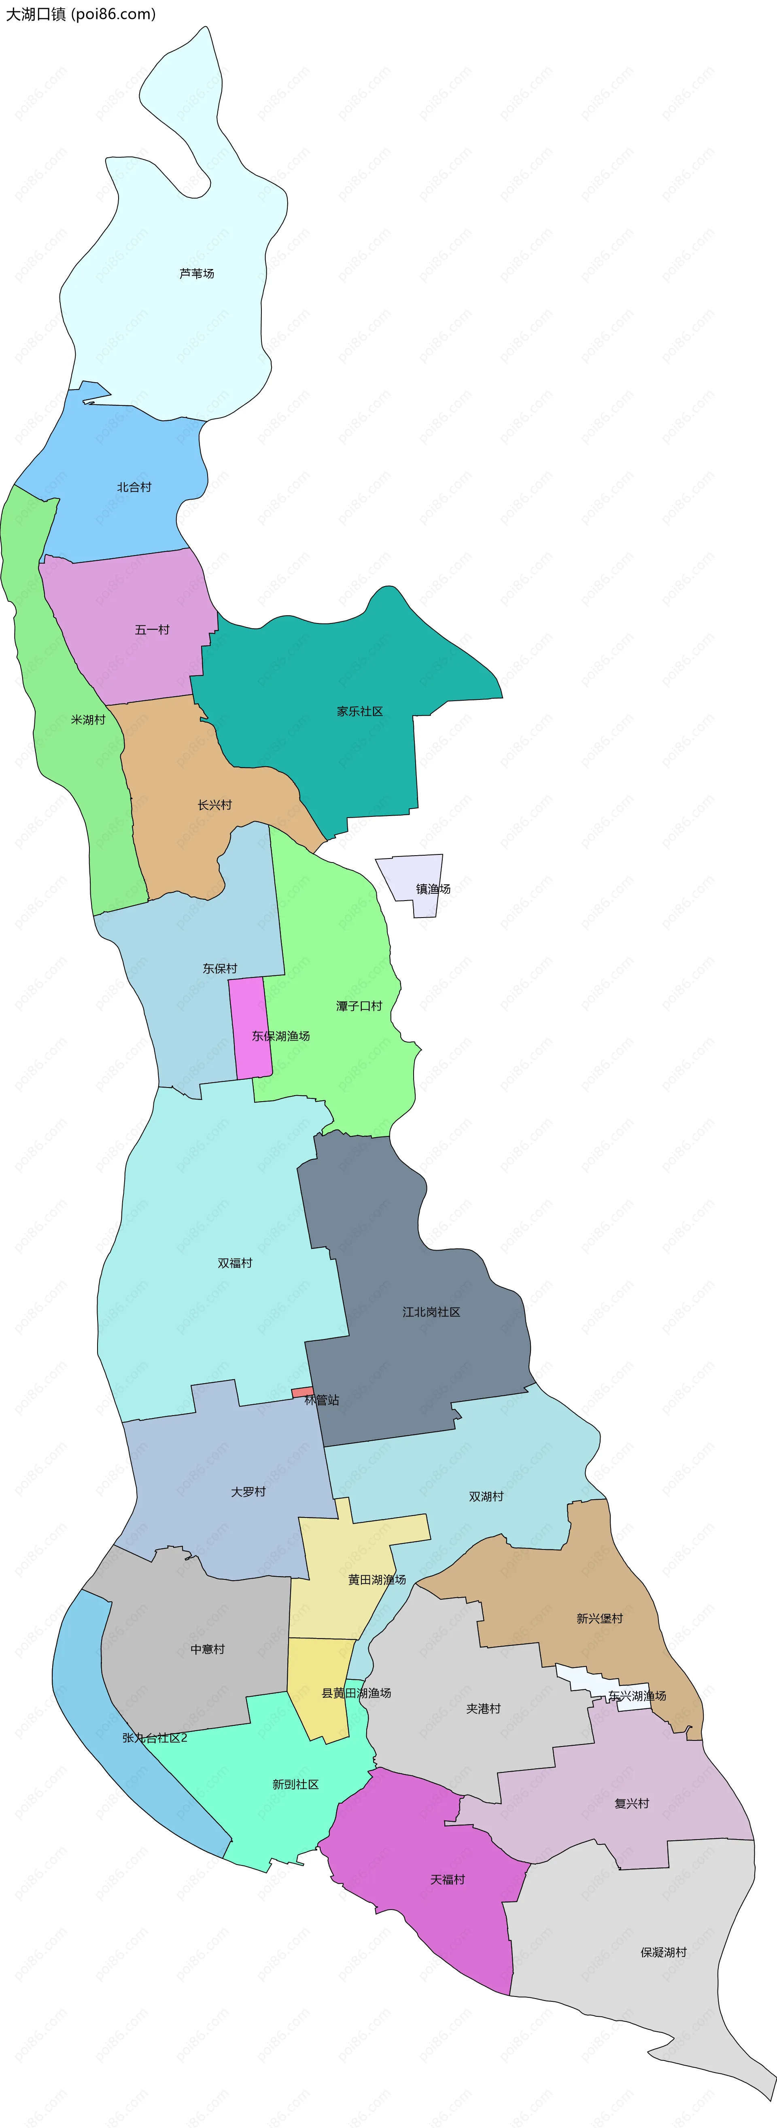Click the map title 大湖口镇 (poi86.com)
pyautogui.click(x=80, y=14)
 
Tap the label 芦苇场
pyautogui.click(x=197, y=273)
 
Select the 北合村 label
pyautogui.click(x=134, y=487)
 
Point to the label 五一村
pyautogui.click(x=152, y=629)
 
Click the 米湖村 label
pyautogui.click(x=89, y=720)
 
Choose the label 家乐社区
pyautogui.click(x=360, y=711)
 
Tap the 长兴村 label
pyautogui.click(x=215, y=805)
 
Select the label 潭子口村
pyautogui.click(x=360, y=1006)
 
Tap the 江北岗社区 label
pyautogui.click(x=431, y=1312)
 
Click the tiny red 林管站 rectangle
pyautogui.click(x=302, y=1393)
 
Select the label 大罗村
pyautogui.click(x=248, y=1492)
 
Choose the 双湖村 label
pyautogui.click(x=486, y=1496)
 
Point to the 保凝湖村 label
pyautogui.click(x=664, y=1952)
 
